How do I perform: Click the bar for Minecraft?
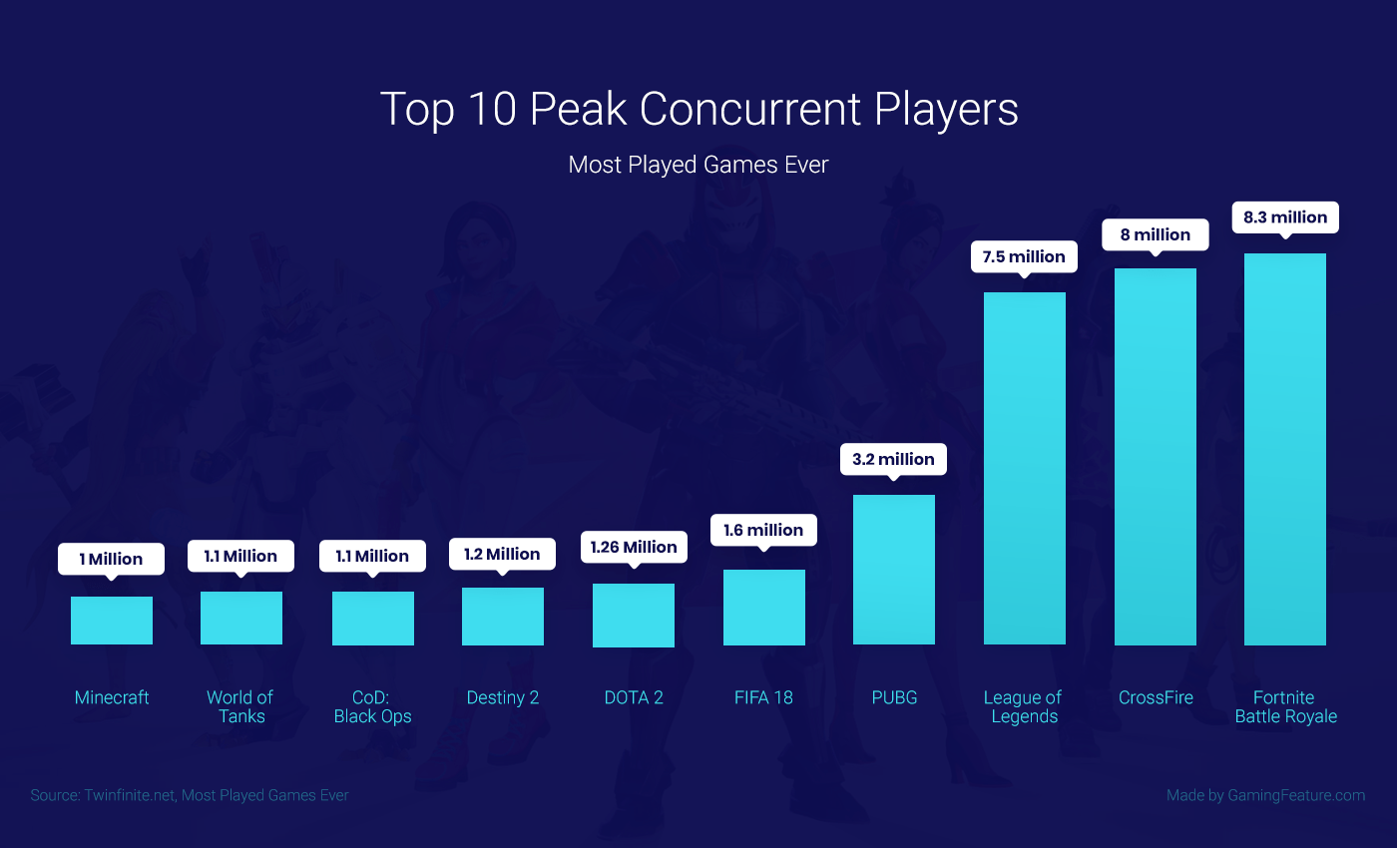point(112,621)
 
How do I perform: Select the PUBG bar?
point(894,570)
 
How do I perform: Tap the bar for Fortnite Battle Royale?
point(1285,449)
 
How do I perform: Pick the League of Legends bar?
point(1025,468)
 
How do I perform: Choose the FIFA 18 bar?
point(764,607)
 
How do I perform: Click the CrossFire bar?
point(1156,456)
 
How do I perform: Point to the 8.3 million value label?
point(1285,217)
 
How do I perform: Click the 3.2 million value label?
point(894,459)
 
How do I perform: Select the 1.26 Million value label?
point(634,547)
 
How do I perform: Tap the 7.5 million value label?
point(1024,256)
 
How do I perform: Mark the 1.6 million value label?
point(763,530)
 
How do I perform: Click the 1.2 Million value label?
point(502,554)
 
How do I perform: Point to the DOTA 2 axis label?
point(634,697)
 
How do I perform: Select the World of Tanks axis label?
point(240,706)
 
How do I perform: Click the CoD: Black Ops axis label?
point(372,706)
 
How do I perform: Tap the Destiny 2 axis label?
point(503,697)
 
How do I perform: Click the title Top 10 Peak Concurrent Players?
point(698,109)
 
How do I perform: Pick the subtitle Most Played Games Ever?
point(698,165)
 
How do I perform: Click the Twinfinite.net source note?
point(190,795)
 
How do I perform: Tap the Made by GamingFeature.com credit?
point(1265,795)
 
